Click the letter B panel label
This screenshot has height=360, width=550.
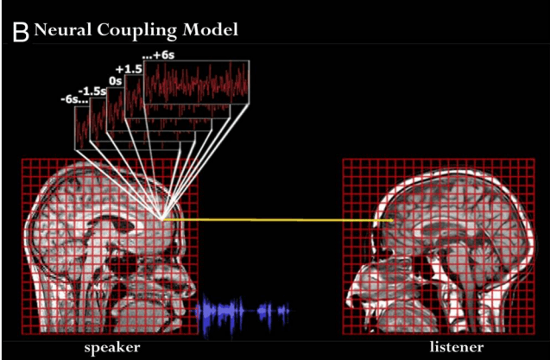[x=21, y=32]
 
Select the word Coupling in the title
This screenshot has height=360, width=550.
[x=137, y=31]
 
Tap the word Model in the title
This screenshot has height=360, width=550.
[x=210, y=29]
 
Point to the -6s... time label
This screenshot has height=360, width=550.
[x=74, y=99]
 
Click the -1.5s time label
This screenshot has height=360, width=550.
[x=92, y=92]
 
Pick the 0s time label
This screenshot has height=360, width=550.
[x=115, y=81]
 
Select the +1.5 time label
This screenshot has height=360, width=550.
[x=129, y=69]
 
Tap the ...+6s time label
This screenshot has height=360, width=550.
[x=158, y=55]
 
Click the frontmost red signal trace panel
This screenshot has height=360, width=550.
[x=197, y=82]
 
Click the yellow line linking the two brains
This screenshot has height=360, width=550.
[x=278, y=220]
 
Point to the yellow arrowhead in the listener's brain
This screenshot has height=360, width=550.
[x=389, y=220]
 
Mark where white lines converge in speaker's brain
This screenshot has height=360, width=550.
[x=162, y=219]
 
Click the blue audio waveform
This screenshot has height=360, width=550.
[x=243, y=313]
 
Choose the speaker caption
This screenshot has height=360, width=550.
[x=112, y=348]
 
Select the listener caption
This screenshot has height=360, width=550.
[x=457, y=347]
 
